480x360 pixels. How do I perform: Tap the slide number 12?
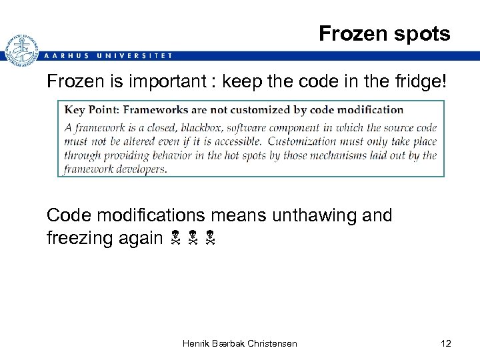(x=446, y=343)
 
